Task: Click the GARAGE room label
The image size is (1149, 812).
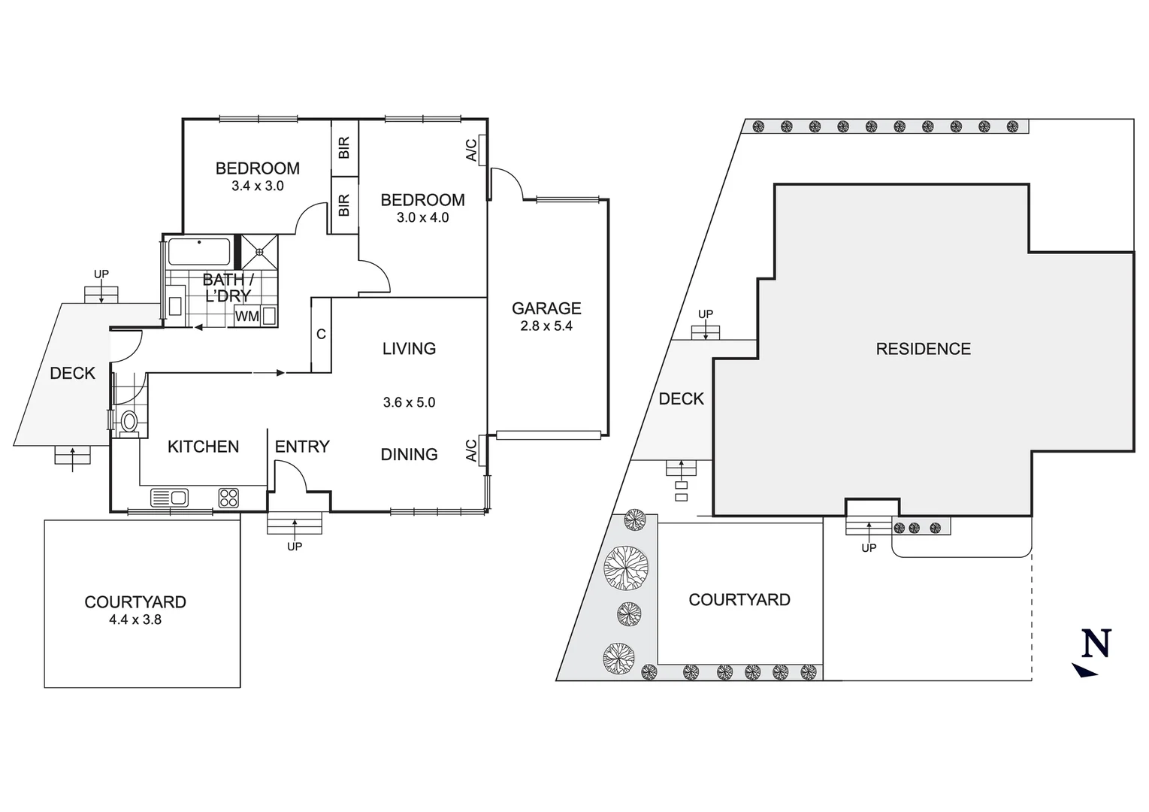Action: pyautogui.click(x=546, y=308)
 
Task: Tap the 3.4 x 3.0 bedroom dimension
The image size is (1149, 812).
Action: pyautogui.click(x=258, y=186)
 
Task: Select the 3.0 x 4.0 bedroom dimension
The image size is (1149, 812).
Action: pyautogui.click(x=422, y=217)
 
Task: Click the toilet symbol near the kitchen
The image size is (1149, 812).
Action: pyautogui.click(x=129, y=422)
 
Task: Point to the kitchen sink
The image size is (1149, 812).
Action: pyautogui.click(x=170, y=497)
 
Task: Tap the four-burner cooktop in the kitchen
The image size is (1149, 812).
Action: pyautogui.click(x=228, y=497)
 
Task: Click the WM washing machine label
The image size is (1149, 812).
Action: pyautogui.click(x=246, y=317)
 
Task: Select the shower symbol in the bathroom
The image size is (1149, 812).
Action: pyautogui.click(x=259, y=252)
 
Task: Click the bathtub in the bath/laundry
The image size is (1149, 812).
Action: pyautogui.click(x=198, y=252)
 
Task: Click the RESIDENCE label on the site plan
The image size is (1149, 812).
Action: pyautogui.click(x=923, y=349)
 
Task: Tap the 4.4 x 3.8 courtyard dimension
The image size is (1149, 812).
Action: pyautogui.click(x=135, y=620)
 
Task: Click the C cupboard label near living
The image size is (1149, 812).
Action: pyautogui.click(x=321, y=335)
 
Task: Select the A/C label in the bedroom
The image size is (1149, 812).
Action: pyautogui.click(x=471, y=150)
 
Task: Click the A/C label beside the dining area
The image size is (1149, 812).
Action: pyautogui.click(x=471, y=450)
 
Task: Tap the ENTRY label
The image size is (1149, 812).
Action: pyautogui.click(x=302, y=447)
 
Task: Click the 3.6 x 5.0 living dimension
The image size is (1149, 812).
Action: pyautogui.click(x=409, y=402)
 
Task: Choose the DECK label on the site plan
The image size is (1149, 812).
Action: pyautogui.click(x=681, y=398)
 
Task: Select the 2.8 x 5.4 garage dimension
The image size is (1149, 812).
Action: pyautogui.click(x=546, y=326)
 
